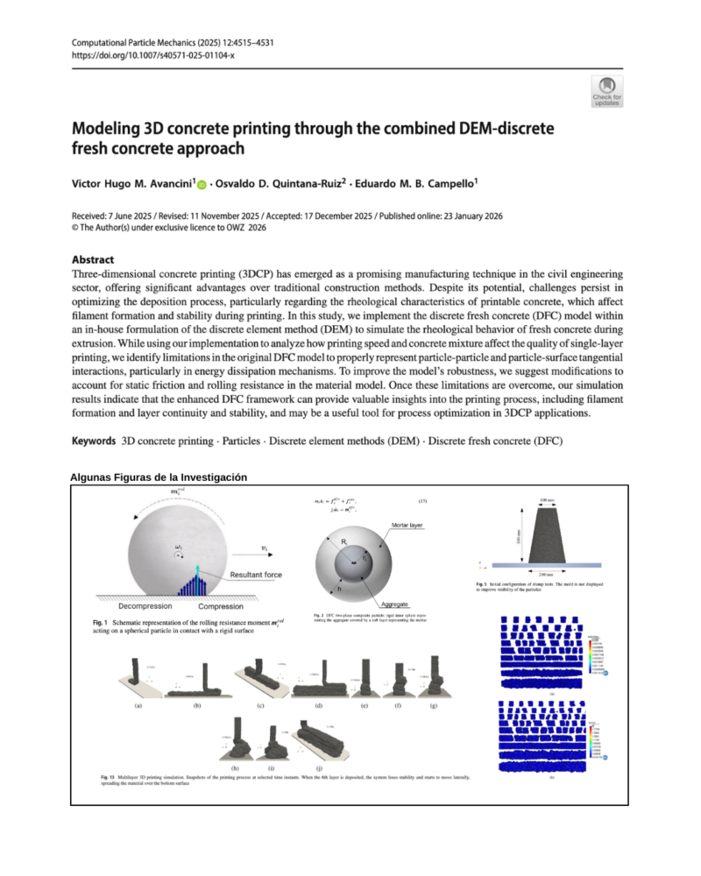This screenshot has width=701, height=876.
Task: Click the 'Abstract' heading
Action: click(x=97, y=259)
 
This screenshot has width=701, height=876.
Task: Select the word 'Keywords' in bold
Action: click(x=92, y=440)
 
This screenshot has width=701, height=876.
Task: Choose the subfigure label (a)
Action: click(x=138, y=705)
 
